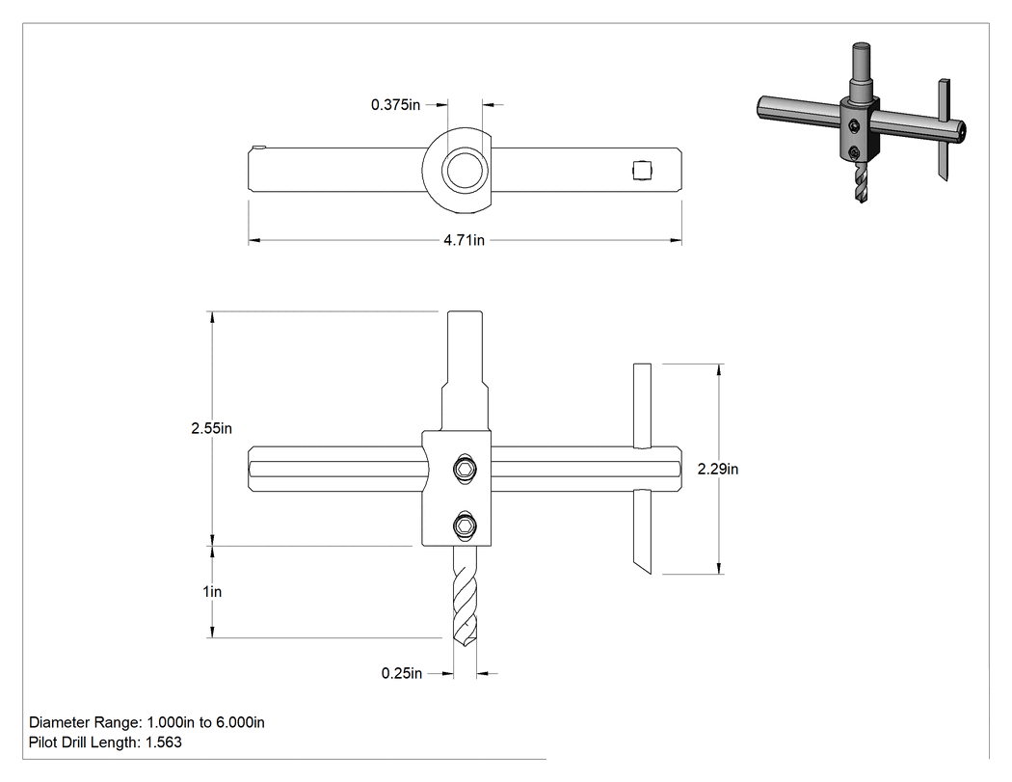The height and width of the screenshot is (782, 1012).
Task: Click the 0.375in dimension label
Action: click(395, 104)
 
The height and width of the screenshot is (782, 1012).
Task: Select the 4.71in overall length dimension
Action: click(464, 240)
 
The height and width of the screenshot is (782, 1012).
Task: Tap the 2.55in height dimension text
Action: click(211, 428)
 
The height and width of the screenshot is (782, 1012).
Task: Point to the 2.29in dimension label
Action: click(718, 469)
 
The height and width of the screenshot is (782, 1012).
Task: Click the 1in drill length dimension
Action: click(212, 591)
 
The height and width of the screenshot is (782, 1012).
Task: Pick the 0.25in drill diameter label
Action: click(402, 673)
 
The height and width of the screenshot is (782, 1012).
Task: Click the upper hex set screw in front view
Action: click(465, 469)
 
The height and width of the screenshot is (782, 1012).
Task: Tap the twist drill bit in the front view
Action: click(466, 595)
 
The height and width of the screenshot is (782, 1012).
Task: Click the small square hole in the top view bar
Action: click(642, 171)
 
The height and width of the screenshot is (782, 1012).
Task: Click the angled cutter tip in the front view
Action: click(645, 566)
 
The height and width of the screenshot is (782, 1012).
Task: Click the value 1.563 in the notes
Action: click(164, 742)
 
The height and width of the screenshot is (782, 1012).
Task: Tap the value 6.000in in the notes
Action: click(240, 722)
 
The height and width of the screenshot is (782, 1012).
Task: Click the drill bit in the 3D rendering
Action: click(861, 182)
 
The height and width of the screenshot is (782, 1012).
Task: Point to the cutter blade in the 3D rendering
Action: click(944, 129)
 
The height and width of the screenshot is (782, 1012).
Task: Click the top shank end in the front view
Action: click(465, 312)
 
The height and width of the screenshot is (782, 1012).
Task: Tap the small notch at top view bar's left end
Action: click(259, 148)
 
